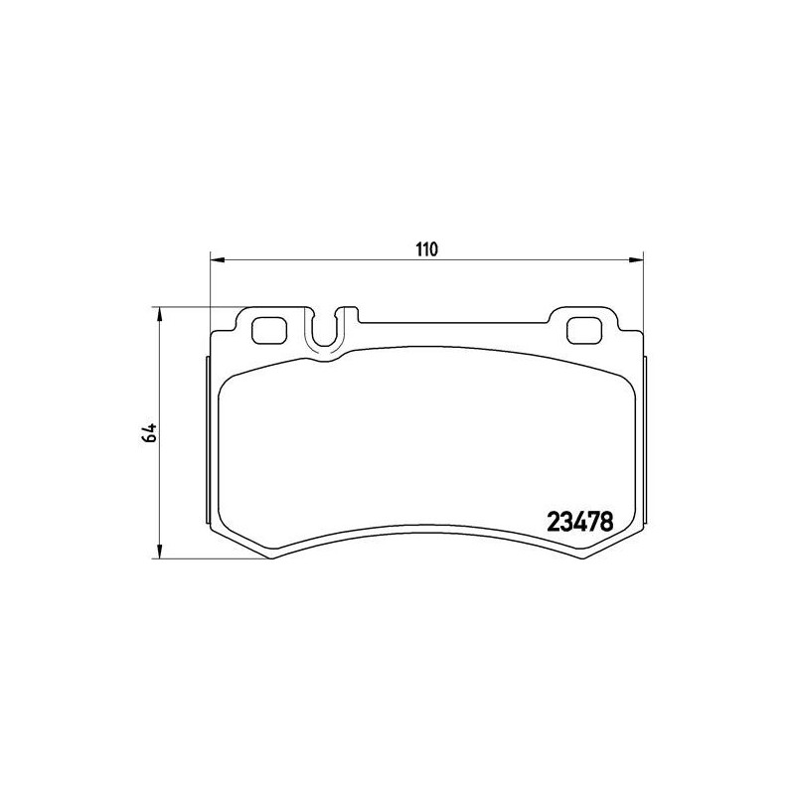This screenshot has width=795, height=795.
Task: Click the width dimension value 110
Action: tap(427, 249)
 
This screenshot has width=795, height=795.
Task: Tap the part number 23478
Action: tap(580, 521)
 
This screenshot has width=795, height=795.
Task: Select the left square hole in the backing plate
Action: tap(269, 330)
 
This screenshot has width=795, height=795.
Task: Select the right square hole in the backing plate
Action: tap(584, 330)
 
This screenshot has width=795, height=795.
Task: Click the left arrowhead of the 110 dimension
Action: tap(217, 260)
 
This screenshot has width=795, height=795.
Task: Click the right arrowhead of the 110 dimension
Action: tap(636, 260)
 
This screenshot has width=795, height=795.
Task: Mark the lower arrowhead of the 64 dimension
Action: tap(160, 552)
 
